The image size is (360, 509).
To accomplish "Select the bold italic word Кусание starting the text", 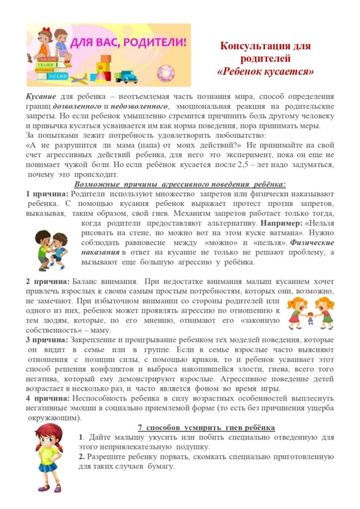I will coord(41,97).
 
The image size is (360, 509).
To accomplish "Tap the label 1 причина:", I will coord(46,193).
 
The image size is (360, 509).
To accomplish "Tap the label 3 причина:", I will coord(46,339).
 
